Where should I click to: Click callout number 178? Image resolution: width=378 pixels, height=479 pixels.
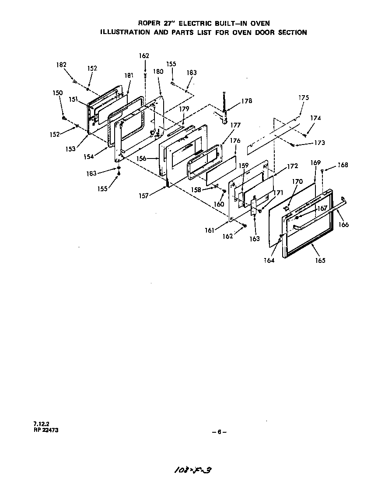click(247, 101)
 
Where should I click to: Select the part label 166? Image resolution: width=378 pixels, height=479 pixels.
click(344, 225)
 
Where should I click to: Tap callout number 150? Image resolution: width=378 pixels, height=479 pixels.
click(58, 93)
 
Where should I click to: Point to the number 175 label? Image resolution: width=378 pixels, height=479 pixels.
click(304, 98)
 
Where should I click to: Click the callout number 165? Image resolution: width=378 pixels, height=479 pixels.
click(320, 261)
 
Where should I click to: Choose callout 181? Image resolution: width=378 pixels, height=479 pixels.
click(128, 75)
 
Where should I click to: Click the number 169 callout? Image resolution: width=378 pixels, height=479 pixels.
click(315, 162)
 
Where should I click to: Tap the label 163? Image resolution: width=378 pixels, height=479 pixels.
click(255, 239)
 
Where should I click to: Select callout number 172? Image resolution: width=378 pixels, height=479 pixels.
click(292, 166)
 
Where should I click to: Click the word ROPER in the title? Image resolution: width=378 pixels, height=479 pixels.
click(149, 23)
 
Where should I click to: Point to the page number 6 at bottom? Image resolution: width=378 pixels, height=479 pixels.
click(219, 432)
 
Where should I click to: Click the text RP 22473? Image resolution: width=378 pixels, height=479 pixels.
click(45, 430)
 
